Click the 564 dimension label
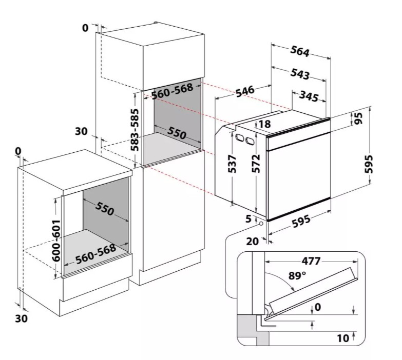pyautogui.click(x=299, y=51)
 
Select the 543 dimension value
pyautogui.click(x=299, y=73)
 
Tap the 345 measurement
pyautogui.click(x=308, y=96)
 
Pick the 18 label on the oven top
pyautogui.click(x=264, y=124)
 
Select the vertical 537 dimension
pyautogui.click(x=231, y=164)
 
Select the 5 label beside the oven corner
pyautogui.click(x=249, y=219)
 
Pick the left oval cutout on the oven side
pyautogui.click(x=240, y=137)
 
